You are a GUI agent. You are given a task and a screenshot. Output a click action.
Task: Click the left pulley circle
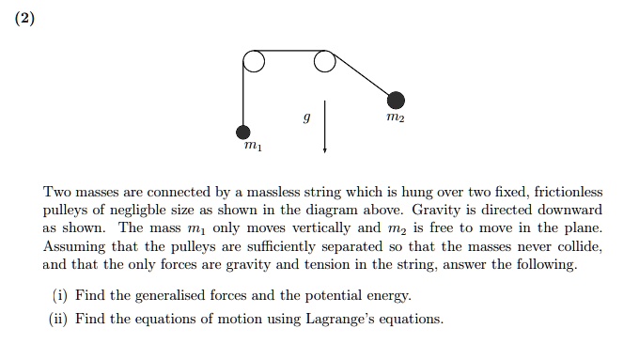[254, 62]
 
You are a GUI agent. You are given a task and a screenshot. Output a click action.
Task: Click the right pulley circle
[324, 62]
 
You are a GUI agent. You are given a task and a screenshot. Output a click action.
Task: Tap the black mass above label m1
[243, 132]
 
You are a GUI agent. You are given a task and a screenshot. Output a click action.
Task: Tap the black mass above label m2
[397, 100]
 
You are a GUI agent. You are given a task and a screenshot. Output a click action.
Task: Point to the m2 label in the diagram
[397, 119]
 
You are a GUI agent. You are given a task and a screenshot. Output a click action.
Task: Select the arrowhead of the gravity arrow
[324, 149]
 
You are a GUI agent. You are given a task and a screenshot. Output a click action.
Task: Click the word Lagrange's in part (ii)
[341, 319]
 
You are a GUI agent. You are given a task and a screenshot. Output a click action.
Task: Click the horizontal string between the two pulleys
[288, 53]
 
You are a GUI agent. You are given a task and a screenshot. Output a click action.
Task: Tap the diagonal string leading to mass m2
[363, 78]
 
